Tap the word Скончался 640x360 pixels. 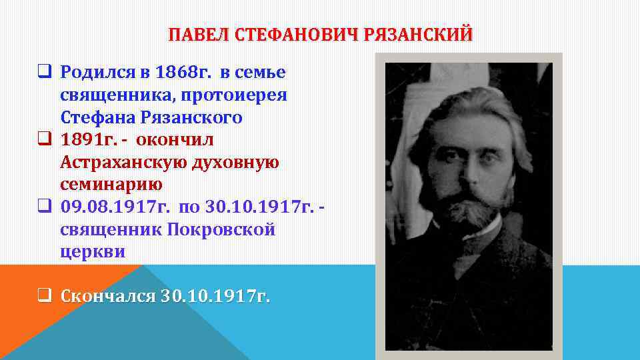tap(107, 296)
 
